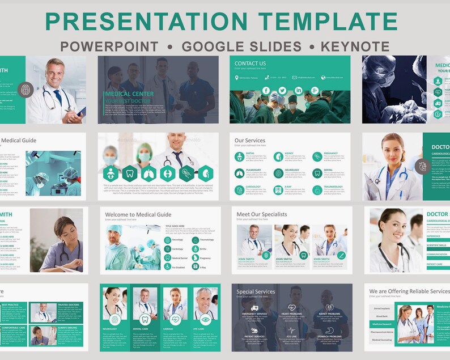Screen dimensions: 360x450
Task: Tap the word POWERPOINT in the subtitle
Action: [109, 46]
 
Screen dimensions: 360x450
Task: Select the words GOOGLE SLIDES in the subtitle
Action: [241, 46]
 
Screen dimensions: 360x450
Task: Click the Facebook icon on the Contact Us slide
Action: [266, 91]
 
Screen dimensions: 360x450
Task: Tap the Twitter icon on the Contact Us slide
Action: [282, 91]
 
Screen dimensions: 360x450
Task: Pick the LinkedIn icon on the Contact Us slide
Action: [299, 91]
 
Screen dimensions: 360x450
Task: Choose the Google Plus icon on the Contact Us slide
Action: [315, 91]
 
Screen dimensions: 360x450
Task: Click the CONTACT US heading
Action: [250, 63]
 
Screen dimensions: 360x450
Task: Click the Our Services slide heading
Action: [250, 140]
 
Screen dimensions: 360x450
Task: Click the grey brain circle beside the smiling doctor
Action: [25, 89]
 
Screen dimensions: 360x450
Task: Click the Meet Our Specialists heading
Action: [262, 214]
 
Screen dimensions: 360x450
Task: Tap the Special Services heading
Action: [256, 291]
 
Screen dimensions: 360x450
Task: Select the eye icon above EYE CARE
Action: [205, 319]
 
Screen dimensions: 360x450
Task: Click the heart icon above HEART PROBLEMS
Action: [291, 307]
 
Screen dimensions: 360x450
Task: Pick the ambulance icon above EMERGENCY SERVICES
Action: [253, 307]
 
